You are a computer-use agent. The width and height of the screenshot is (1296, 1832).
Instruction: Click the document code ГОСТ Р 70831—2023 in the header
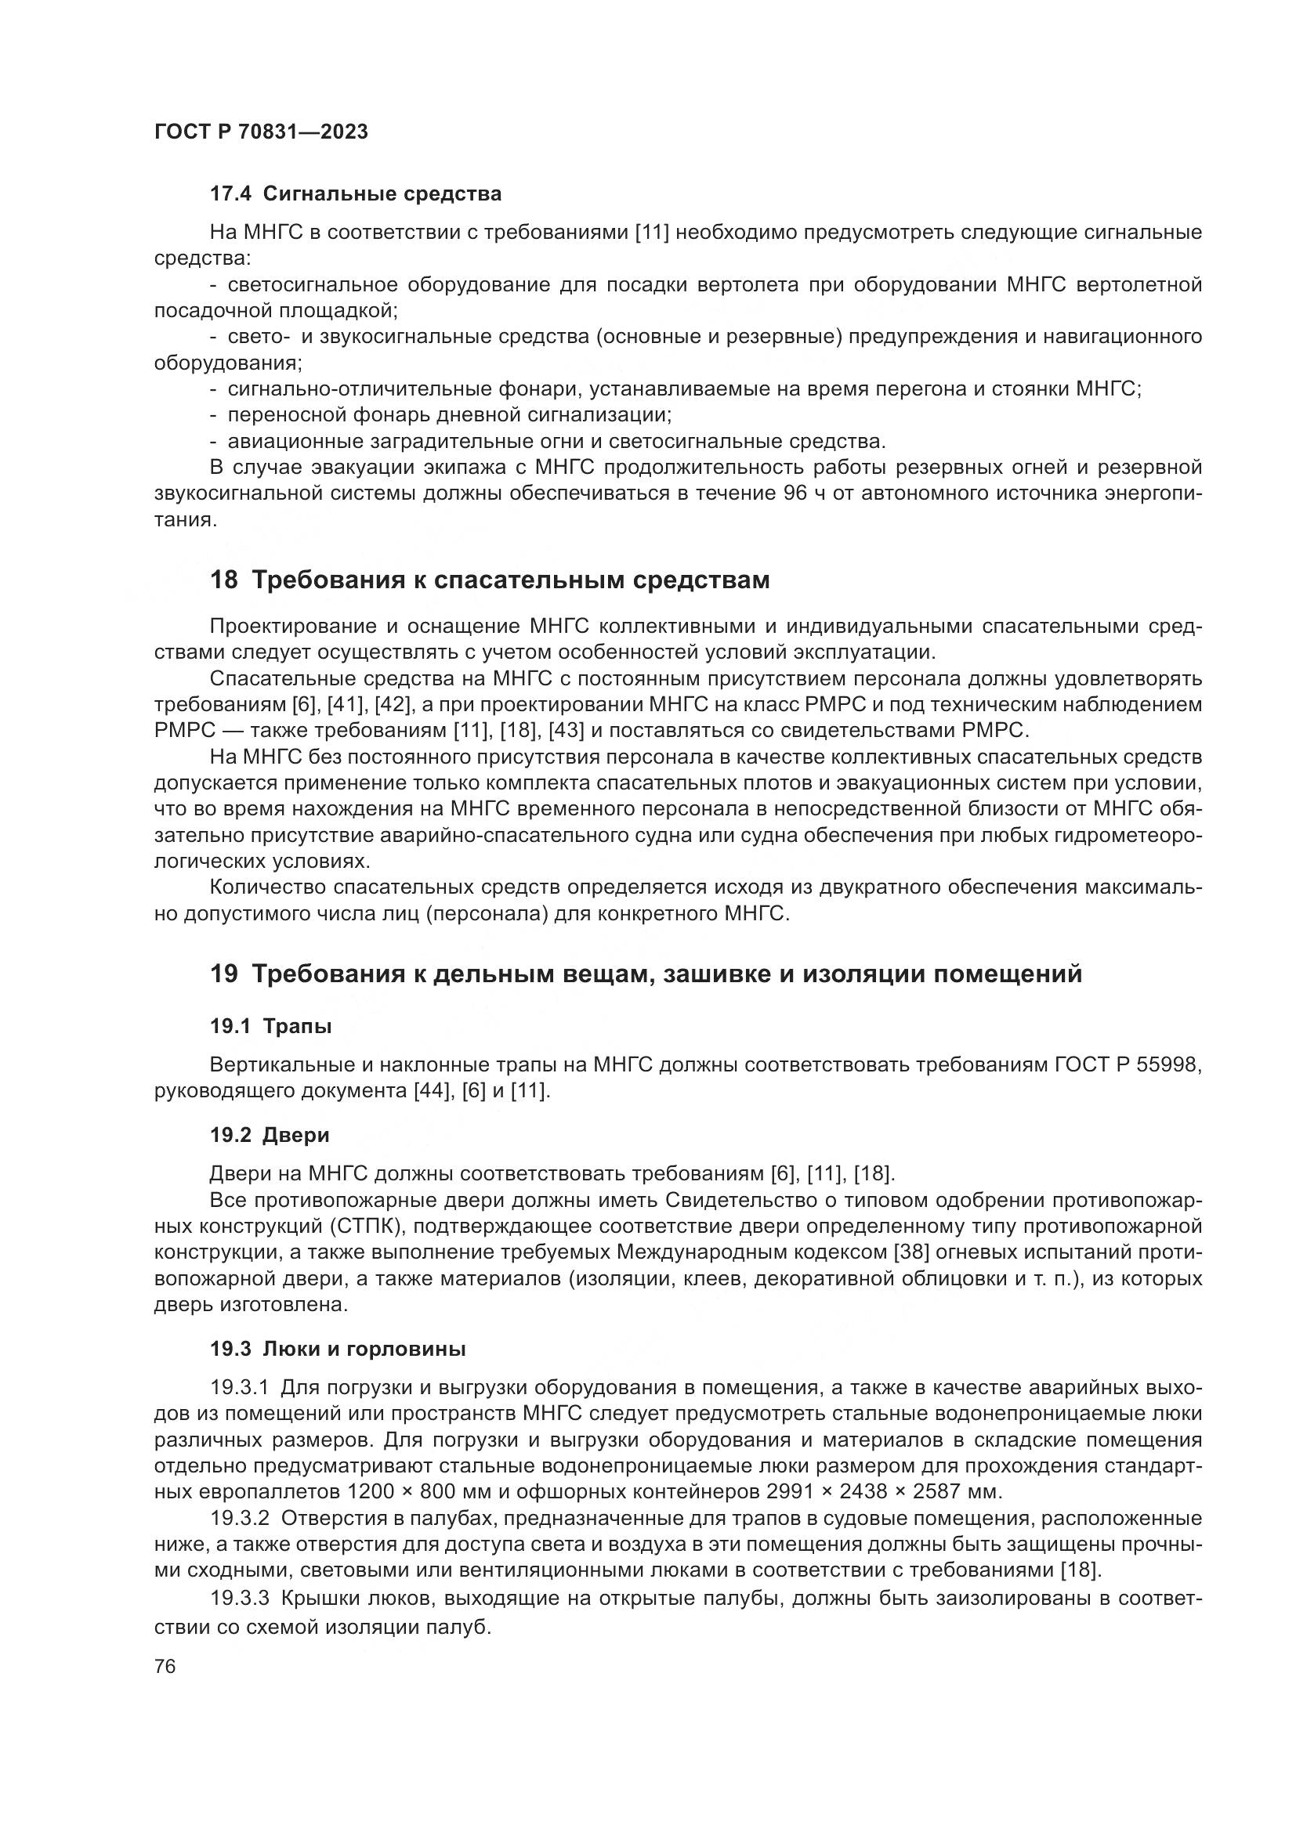point(261,132)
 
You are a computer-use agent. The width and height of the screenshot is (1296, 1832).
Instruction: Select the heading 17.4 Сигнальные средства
point(355,194)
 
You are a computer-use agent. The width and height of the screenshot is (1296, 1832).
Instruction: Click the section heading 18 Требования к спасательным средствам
point(489,580)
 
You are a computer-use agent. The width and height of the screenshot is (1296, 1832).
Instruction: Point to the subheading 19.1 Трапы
point(270,1026)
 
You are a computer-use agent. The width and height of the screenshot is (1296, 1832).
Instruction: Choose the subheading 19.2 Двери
point(270,1135)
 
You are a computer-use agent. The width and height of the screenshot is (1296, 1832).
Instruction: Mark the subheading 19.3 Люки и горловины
point(338,1350)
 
